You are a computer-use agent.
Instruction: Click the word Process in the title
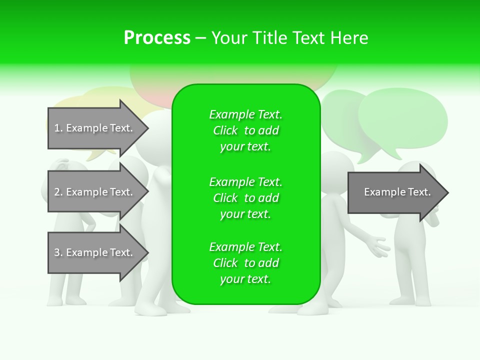pos(157,38)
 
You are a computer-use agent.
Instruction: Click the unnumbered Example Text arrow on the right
pos(395,192)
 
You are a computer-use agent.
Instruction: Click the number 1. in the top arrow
pos(58,128)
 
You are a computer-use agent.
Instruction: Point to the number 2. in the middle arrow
pos(58,192)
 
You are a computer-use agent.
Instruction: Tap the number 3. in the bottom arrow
pos(58,252)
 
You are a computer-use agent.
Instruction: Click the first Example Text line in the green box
pos(245,114)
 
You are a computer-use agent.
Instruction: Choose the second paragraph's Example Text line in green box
pos(245,181)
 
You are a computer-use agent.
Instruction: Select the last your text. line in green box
pos(245,279)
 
